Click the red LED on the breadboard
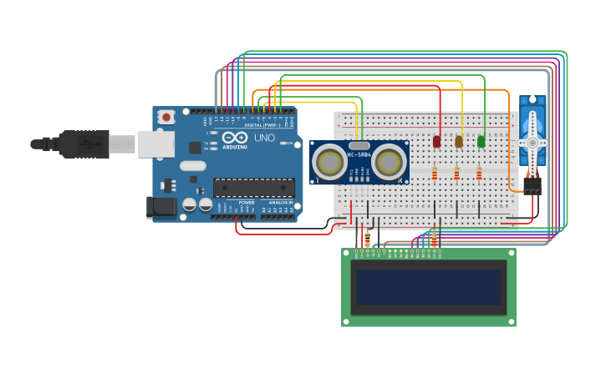tap(436, 142)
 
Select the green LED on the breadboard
tap(481, 142)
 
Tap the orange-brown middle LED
tap(459, 142)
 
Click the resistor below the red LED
tap(435, 174)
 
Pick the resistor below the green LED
tap(479, 174)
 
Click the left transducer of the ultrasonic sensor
tap(330, 162)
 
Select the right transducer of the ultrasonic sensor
tap(390, 162)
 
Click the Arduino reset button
tap(166, 117)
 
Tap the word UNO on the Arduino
tap(264, 138)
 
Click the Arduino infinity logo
tap(237, 137)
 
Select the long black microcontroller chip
tap(253, 188)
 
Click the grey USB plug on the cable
tap(122, 144)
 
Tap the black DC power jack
tap(161, 207)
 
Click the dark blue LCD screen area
tap(429, 286)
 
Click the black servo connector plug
tap(532, 185)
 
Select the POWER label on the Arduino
tap(247, 203)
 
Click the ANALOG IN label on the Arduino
tap(280, 203)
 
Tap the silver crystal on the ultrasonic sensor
tap(359, 146)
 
